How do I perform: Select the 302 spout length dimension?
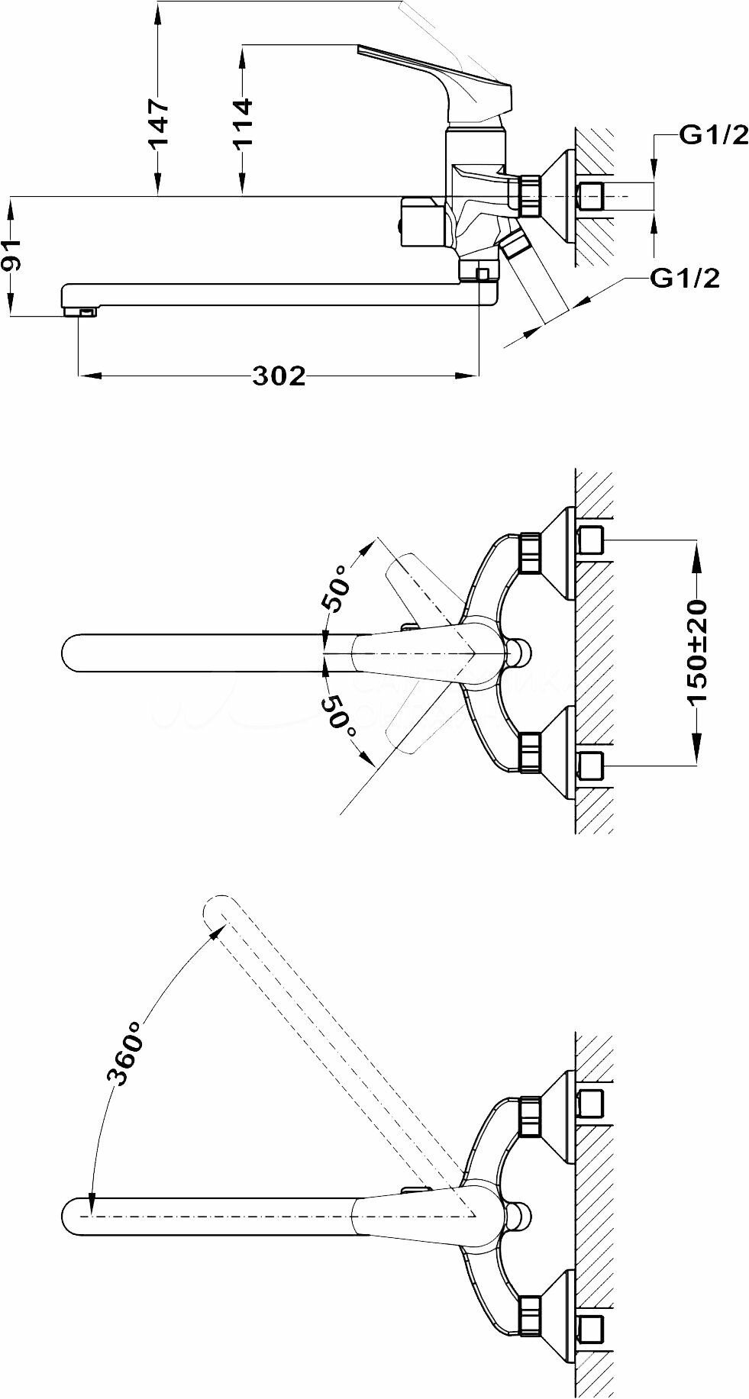[279, 376]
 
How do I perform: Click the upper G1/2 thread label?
[714, 137]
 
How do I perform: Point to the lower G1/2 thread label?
[685, 279]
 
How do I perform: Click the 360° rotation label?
[126, 1052]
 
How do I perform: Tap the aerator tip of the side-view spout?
[80, 311]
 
